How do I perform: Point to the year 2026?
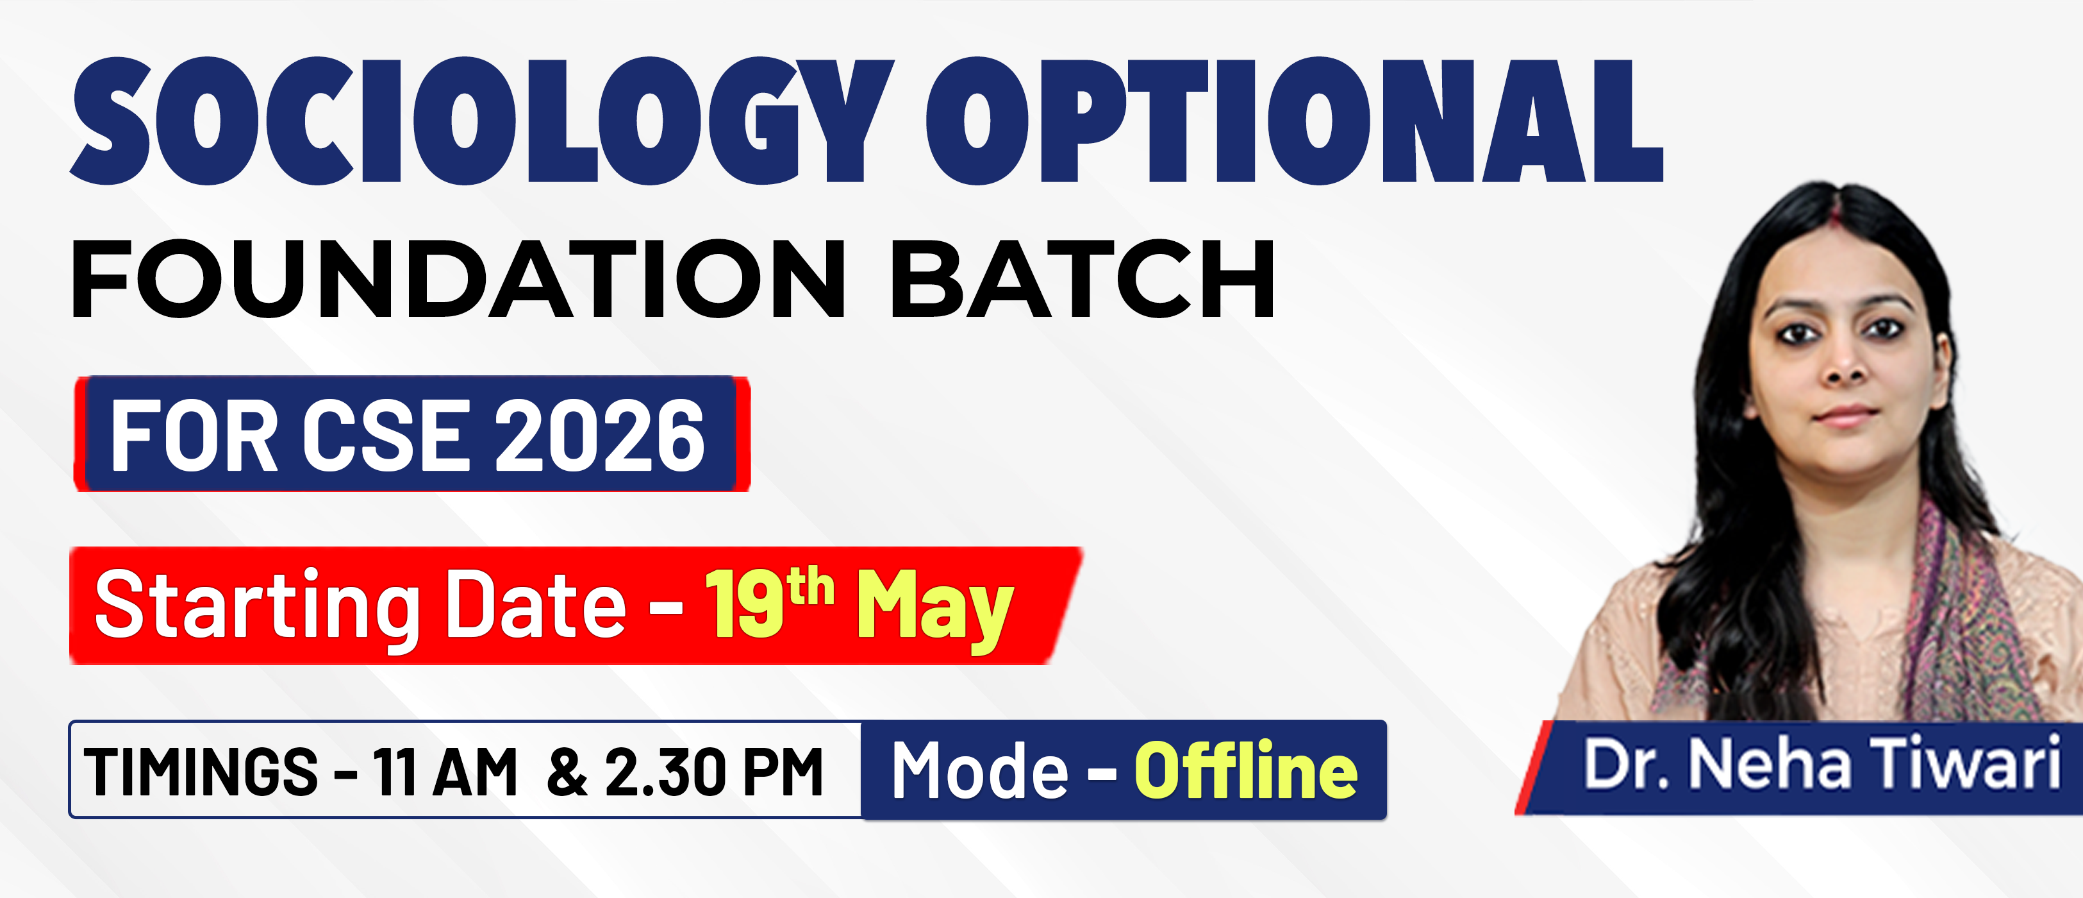[599, 436]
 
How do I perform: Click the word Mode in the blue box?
[980, 770]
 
